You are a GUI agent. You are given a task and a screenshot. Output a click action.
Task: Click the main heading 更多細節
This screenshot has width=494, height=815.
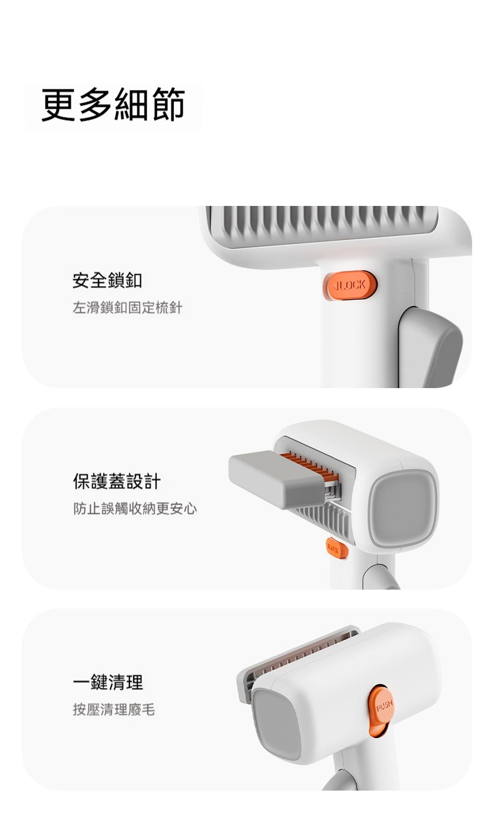113,105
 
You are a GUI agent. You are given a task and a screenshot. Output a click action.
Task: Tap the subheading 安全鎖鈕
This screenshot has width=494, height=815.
107,280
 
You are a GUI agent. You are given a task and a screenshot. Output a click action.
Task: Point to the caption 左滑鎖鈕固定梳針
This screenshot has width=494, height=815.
127,307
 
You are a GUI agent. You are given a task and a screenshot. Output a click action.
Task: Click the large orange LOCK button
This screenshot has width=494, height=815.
350,285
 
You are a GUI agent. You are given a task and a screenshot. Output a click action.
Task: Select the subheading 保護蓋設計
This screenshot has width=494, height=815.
116,481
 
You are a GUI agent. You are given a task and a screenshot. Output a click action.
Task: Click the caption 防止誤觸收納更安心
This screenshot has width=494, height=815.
135,508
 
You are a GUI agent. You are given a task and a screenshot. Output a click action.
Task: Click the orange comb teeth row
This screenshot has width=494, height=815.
310,466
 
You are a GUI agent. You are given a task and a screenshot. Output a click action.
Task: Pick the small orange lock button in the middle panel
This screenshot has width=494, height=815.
337,548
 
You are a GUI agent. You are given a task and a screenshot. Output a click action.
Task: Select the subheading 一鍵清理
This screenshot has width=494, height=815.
108,682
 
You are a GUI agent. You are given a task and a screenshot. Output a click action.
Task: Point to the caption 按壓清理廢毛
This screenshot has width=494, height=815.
114,709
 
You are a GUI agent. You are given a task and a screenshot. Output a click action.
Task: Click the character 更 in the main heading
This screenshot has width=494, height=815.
59,105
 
